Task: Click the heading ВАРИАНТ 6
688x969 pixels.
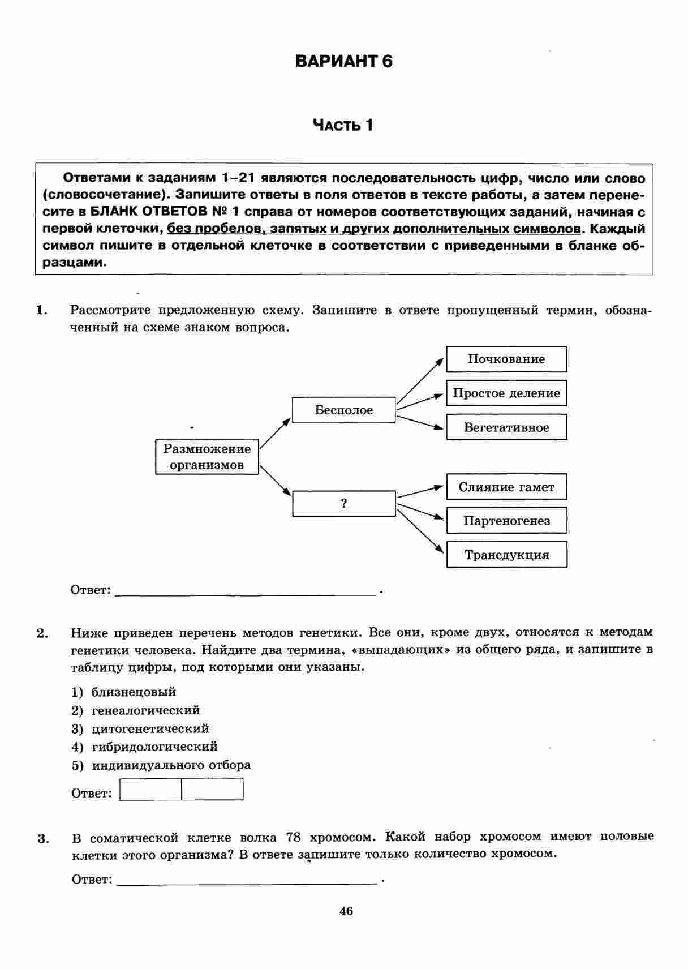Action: pyautogui.click(x=343, y=61)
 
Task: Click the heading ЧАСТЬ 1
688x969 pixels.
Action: pyautogui.click(x=343, y=125)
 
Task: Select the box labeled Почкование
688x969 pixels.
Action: pyautogui.click(x=506, y=359)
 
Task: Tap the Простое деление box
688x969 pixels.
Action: pyautogui.click(x=506, y=393)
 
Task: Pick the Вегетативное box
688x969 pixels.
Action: pyautogui.click(x=506, y=427)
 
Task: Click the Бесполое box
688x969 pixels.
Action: pyautogui.click(x=343, y=410)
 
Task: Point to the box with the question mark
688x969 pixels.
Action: pyautogui.click(x=343, y=504)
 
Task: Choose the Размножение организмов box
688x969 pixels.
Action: pyautogui.click(x=207, y=457)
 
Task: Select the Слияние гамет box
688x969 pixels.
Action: pyautogui.click(x=506, y=487)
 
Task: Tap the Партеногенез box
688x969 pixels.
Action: pyautogui.click(x=506, y=521)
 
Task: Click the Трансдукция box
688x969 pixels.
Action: pyautogui.click(x=506, y=555)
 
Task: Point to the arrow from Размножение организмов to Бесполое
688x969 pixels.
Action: pyautogui.click(x=275, y=433)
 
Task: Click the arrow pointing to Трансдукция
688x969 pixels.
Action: pyautogui.click(x=420, y=530)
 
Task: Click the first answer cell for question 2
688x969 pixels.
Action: pyautogui.click(x=150, y=789)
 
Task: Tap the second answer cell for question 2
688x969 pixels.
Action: pyautogui.click(x=212, y=789)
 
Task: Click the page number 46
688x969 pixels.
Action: pyautogui.click(x=346, y=911)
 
